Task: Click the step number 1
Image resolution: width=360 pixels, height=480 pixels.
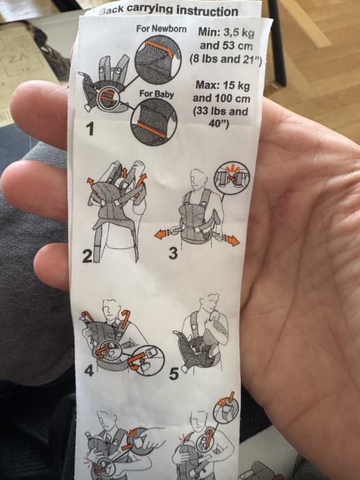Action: [x=89, y=129]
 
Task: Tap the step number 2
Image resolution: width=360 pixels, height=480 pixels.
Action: [x=87, y=257]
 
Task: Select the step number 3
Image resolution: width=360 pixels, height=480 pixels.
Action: [x=173, y=253]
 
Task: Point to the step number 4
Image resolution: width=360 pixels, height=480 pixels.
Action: [x=89, y=371]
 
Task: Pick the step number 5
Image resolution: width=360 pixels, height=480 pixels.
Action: [x=173, y=374]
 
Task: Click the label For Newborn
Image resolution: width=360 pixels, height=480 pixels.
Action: [x=162, y=29]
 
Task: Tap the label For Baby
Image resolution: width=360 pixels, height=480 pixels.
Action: [x=157, y=93]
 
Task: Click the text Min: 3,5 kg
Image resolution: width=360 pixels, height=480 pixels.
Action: [x=226, y=32]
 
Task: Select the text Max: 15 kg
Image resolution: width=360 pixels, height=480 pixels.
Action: [x=223, y=85]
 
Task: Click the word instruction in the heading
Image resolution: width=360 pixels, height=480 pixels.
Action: [x=207, y=11]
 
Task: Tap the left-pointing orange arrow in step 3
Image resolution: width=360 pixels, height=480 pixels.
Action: [x=162, y=234]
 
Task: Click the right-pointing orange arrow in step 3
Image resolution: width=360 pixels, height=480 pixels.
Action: [x=231, y=239]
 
